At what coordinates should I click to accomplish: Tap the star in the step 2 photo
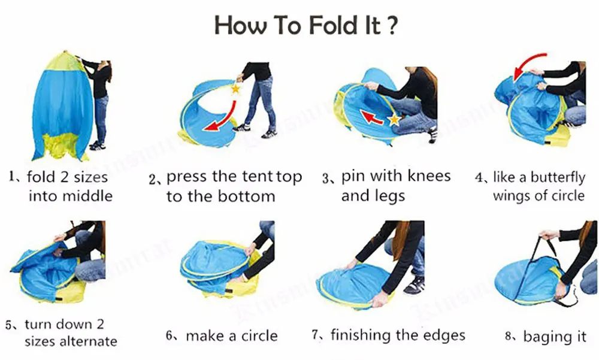(235, 89)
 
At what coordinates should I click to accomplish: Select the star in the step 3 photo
(394, 120)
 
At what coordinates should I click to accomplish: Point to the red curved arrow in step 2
(225, 119)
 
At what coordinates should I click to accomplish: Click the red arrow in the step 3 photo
(372, 117)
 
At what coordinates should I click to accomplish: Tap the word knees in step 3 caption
(429, 176)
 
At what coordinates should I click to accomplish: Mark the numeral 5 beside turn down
(9, 325)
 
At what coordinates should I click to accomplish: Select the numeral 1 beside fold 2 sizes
(12, 177)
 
